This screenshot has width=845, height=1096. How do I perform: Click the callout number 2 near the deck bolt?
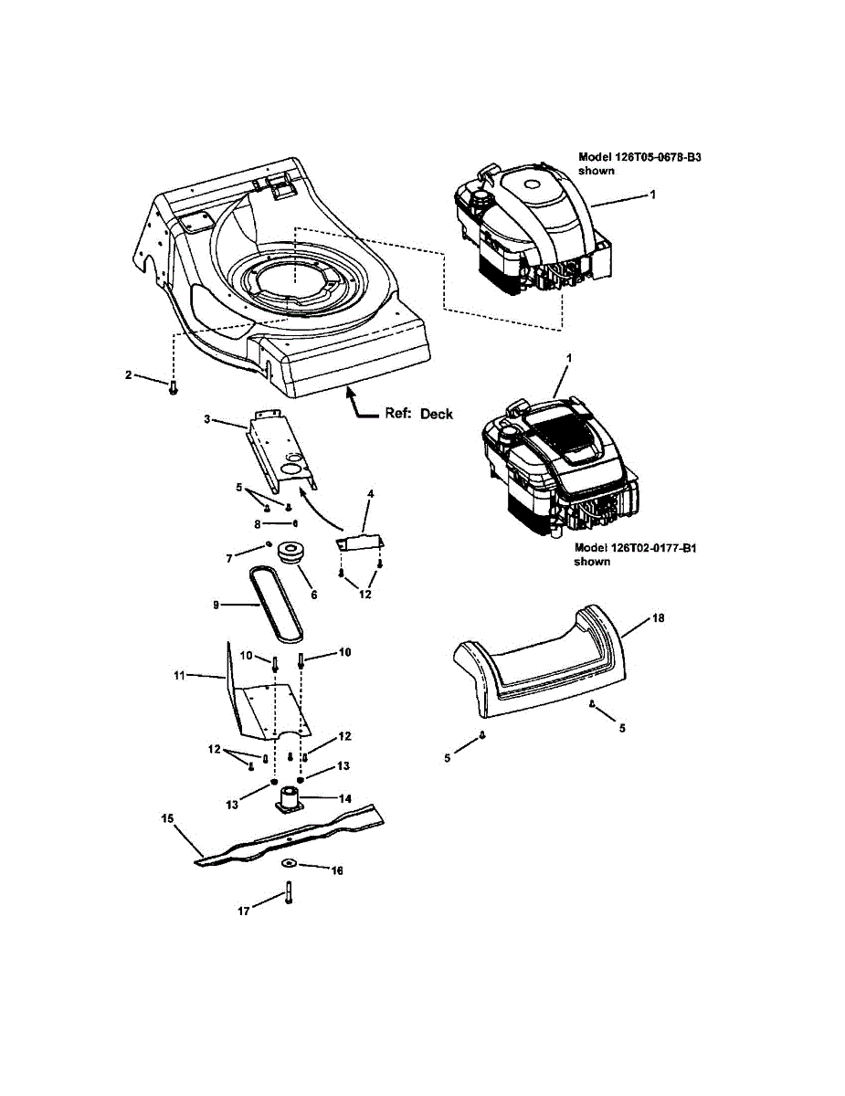(x=130, y=374)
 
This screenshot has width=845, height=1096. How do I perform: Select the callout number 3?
(x=207, y=419)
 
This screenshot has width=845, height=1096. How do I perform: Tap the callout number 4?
(x=370, y=494)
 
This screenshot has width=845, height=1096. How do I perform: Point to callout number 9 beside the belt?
(x=217, y=604)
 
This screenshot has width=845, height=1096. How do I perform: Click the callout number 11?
(x=181, y=675)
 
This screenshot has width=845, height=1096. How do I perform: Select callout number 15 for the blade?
(x=167, y=819)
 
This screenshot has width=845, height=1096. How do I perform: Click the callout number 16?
(x=337, y=871)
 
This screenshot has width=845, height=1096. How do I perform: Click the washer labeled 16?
(x=289, y=863)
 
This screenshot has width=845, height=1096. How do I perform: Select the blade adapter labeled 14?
(x=290, y=800)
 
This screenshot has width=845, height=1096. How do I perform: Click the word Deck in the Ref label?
(x=438, y=414)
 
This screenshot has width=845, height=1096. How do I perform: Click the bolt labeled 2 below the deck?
(x=173, y=389)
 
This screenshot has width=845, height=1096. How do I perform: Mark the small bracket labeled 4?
(x=362, y=542)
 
